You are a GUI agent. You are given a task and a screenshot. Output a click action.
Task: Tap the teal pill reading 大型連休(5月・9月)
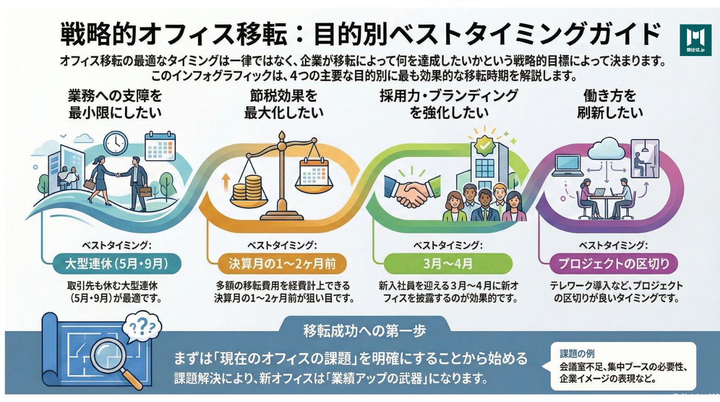(117, 263)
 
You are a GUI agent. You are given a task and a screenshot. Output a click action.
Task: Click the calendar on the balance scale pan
(313, 170)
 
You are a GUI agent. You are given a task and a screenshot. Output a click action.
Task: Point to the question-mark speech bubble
(141, 330)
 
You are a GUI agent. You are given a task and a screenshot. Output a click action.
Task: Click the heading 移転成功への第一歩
(364, 331)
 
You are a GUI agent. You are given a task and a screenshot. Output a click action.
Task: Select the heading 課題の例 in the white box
(577, 354)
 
